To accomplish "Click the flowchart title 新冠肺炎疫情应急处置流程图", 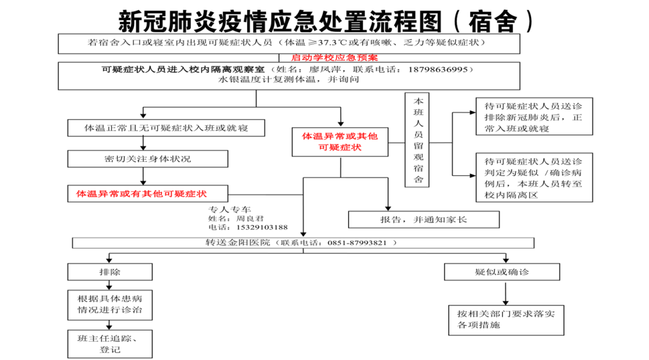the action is click(281, 20).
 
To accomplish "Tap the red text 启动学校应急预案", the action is click(335, 58).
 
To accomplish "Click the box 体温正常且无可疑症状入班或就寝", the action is click(166, 128).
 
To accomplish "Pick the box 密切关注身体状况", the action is click(148, 159).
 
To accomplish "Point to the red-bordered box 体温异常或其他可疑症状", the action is click(340, 142).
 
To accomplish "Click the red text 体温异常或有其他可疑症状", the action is click(141, 194).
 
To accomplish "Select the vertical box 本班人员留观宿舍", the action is click(417, 140).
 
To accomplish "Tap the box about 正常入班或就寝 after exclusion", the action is click(534, 116).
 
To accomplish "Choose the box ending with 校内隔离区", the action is click(534, 177).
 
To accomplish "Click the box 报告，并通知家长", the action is click(424, 220).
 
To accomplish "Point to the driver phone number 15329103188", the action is click(262, 227).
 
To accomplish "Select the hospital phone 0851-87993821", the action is click(357, 243).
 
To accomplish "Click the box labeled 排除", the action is click(110, 272).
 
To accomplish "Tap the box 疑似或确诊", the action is click(502, 272).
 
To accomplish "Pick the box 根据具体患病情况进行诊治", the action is click(110, 305).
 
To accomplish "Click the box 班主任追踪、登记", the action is click(110, 344).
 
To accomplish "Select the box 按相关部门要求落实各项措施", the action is click(506, 320).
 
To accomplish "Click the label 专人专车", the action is click(230, 209).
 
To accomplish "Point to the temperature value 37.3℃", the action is click(332, 43).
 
